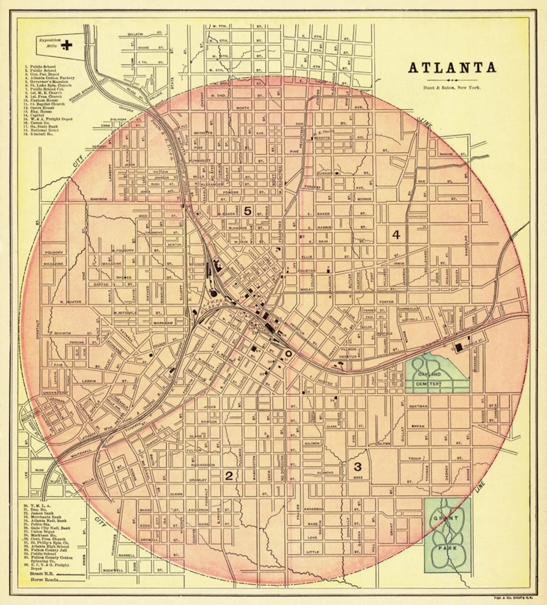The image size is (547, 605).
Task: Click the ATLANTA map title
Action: pos(452,68)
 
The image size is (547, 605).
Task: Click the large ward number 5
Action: pos(247,210)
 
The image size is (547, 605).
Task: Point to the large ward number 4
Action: pos(396,235)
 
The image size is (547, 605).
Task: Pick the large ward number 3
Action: pos(358,467)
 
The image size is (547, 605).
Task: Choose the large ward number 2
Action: pos(229,476)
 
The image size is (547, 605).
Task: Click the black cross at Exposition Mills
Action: pos(69,44)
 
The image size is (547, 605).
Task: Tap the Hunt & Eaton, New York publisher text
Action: pos(452,88)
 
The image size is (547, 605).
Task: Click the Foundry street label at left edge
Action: pos(54,252)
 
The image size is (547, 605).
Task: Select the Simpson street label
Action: pos(99,199)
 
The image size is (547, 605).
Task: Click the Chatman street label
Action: pos(418,406)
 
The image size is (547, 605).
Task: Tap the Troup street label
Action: pos(415,459)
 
